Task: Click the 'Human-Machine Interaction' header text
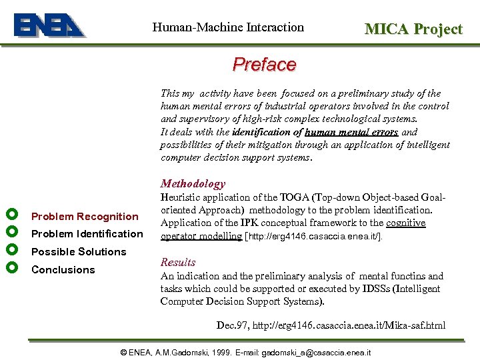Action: [228, 27]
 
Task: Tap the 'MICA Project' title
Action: [413, 29]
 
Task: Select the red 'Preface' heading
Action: [264, 65]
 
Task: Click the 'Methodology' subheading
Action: [193, 183]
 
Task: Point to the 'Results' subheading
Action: [178, 262]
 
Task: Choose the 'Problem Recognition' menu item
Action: [85, 216]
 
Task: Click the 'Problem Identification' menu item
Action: [87, 234]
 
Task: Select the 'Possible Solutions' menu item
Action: [79, 252]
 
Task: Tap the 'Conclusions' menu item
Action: [63, 270]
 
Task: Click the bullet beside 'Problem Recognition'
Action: [10, 215]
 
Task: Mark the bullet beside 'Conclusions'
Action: [10, 268]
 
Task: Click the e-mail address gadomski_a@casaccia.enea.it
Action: [316, 352]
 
